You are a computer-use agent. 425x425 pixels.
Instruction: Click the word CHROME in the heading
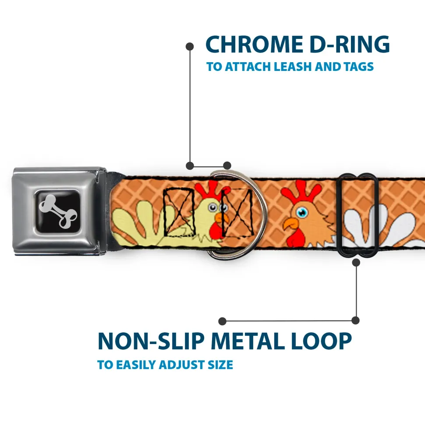[254, 44]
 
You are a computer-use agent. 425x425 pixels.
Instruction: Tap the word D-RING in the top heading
[350, 44]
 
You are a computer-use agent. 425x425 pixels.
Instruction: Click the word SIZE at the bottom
[220, 365]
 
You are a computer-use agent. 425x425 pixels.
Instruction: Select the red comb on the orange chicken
[301, 192]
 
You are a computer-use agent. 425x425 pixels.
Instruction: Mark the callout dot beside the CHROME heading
[190, 47]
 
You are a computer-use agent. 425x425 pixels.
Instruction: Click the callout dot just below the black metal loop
[356, 262]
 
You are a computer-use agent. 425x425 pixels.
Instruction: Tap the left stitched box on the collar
[179, 212]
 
